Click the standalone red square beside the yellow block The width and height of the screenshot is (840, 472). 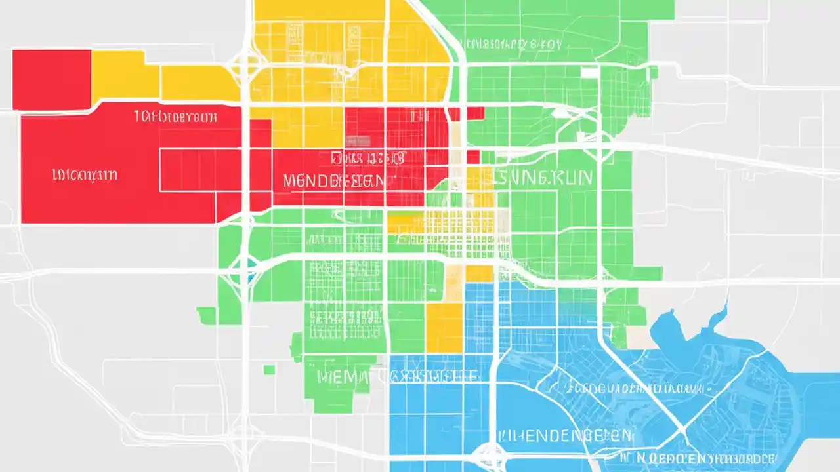pyautogui.click(x=51, y=79)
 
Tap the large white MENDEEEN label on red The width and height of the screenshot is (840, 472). pyautogui.click(x=334, y=181)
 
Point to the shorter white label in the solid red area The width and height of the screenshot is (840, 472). pyautogui.click(x=85, y=175)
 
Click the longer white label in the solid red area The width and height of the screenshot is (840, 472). pyautogui.click(x=175, y=117)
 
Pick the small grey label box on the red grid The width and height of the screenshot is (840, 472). pyautogui.click(x=358, y=141)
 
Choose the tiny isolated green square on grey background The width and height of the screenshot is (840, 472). pyautogui.click(x=269, y=370)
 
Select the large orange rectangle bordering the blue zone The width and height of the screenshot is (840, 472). pyautogui.click(x=444, y=327)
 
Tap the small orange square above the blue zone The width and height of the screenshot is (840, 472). pyautogui.click(x=479, y=273)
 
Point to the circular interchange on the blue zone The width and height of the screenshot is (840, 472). pyautogui.click(x=490, y=453)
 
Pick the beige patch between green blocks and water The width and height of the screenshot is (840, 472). pyautogui.click(x=639, y=336)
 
